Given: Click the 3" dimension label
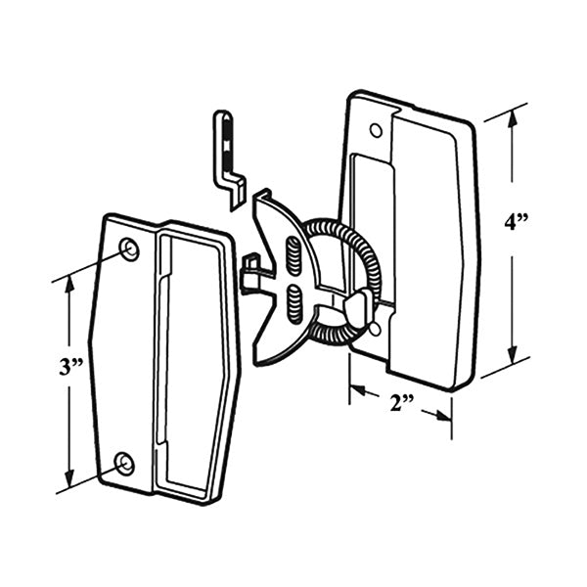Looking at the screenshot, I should tap(68, 368).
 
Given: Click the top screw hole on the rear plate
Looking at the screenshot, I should tap(376, 130).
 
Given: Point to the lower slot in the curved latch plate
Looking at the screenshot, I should tap(294, 302).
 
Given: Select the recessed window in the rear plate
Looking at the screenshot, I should tap(367, 225).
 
